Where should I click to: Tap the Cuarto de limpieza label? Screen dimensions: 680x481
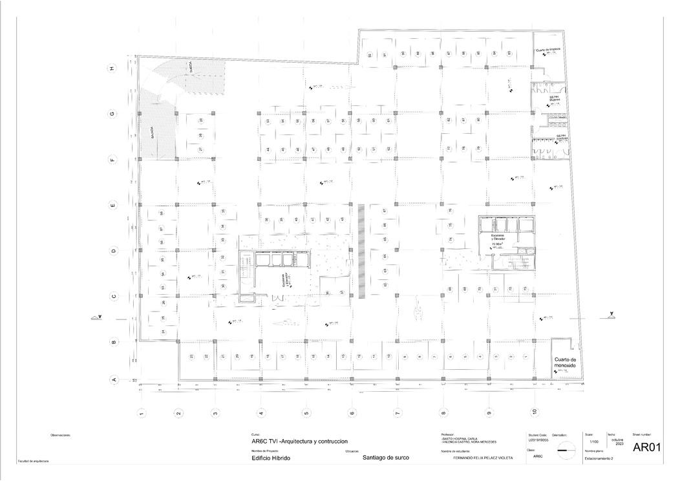point(547,50)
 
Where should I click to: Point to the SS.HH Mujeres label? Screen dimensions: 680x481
point(555,100)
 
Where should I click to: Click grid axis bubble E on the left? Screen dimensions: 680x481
point(112,206)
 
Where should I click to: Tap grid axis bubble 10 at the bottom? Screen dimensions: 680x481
point(535,411)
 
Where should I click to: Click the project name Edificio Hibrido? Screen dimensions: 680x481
point(271,458)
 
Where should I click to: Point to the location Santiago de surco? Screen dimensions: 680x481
point(386,458)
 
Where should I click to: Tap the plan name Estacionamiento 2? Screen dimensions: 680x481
point(599,458)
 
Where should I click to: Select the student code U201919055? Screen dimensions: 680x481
point(538,440)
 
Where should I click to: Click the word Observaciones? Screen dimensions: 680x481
point(61,435)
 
